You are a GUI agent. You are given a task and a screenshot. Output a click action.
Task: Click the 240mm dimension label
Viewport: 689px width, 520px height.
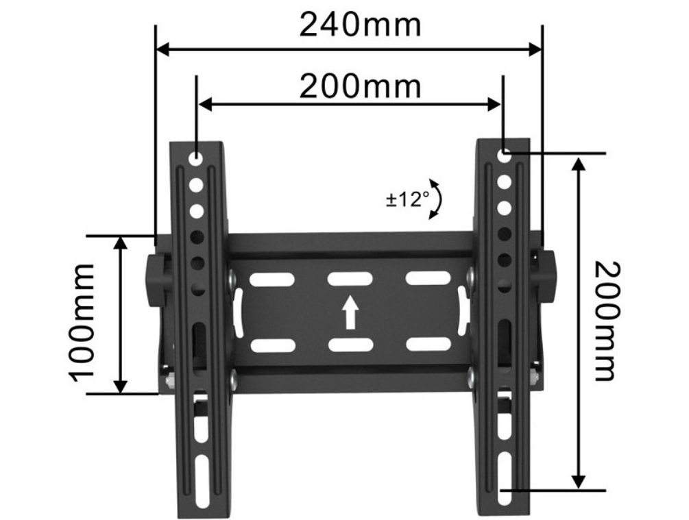point(360,25)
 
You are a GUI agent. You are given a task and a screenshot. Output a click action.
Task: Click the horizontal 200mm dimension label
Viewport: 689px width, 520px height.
point(360,86)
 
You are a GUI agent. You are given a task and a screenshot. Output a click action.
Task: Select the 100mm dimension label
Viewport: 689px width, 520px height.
point(82,320)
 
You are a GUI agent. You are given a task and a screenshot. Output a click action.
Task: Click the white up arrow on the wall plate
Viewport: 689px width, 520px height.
point(350,312)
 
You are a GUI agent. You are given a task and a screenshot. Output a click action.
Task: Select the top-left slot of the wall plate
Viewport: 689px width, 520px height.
point(272,279)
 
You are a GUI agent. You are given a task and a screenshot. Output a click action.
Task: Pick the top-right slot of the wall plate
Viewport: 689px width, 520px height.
point(428,278)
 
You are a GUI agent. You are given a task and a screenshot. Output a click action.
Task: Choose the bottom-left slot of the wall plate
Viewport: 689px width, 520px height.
point(272,345)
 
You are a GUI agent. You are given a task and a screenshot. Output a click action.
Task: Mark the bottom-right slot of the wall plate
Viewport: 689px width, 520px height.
point(428,344)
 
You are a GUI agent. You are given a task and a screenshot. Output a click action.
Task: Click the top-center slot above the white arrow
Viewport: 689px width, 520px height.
point(350,278)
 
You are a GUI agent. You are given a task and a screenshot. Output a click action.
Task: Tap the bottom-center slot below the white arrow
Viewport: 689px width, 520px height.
point(350,345)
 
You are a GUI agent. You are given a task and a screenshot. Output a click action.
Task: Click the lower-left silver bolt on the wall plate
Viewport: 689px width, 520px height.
point(233,377)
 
